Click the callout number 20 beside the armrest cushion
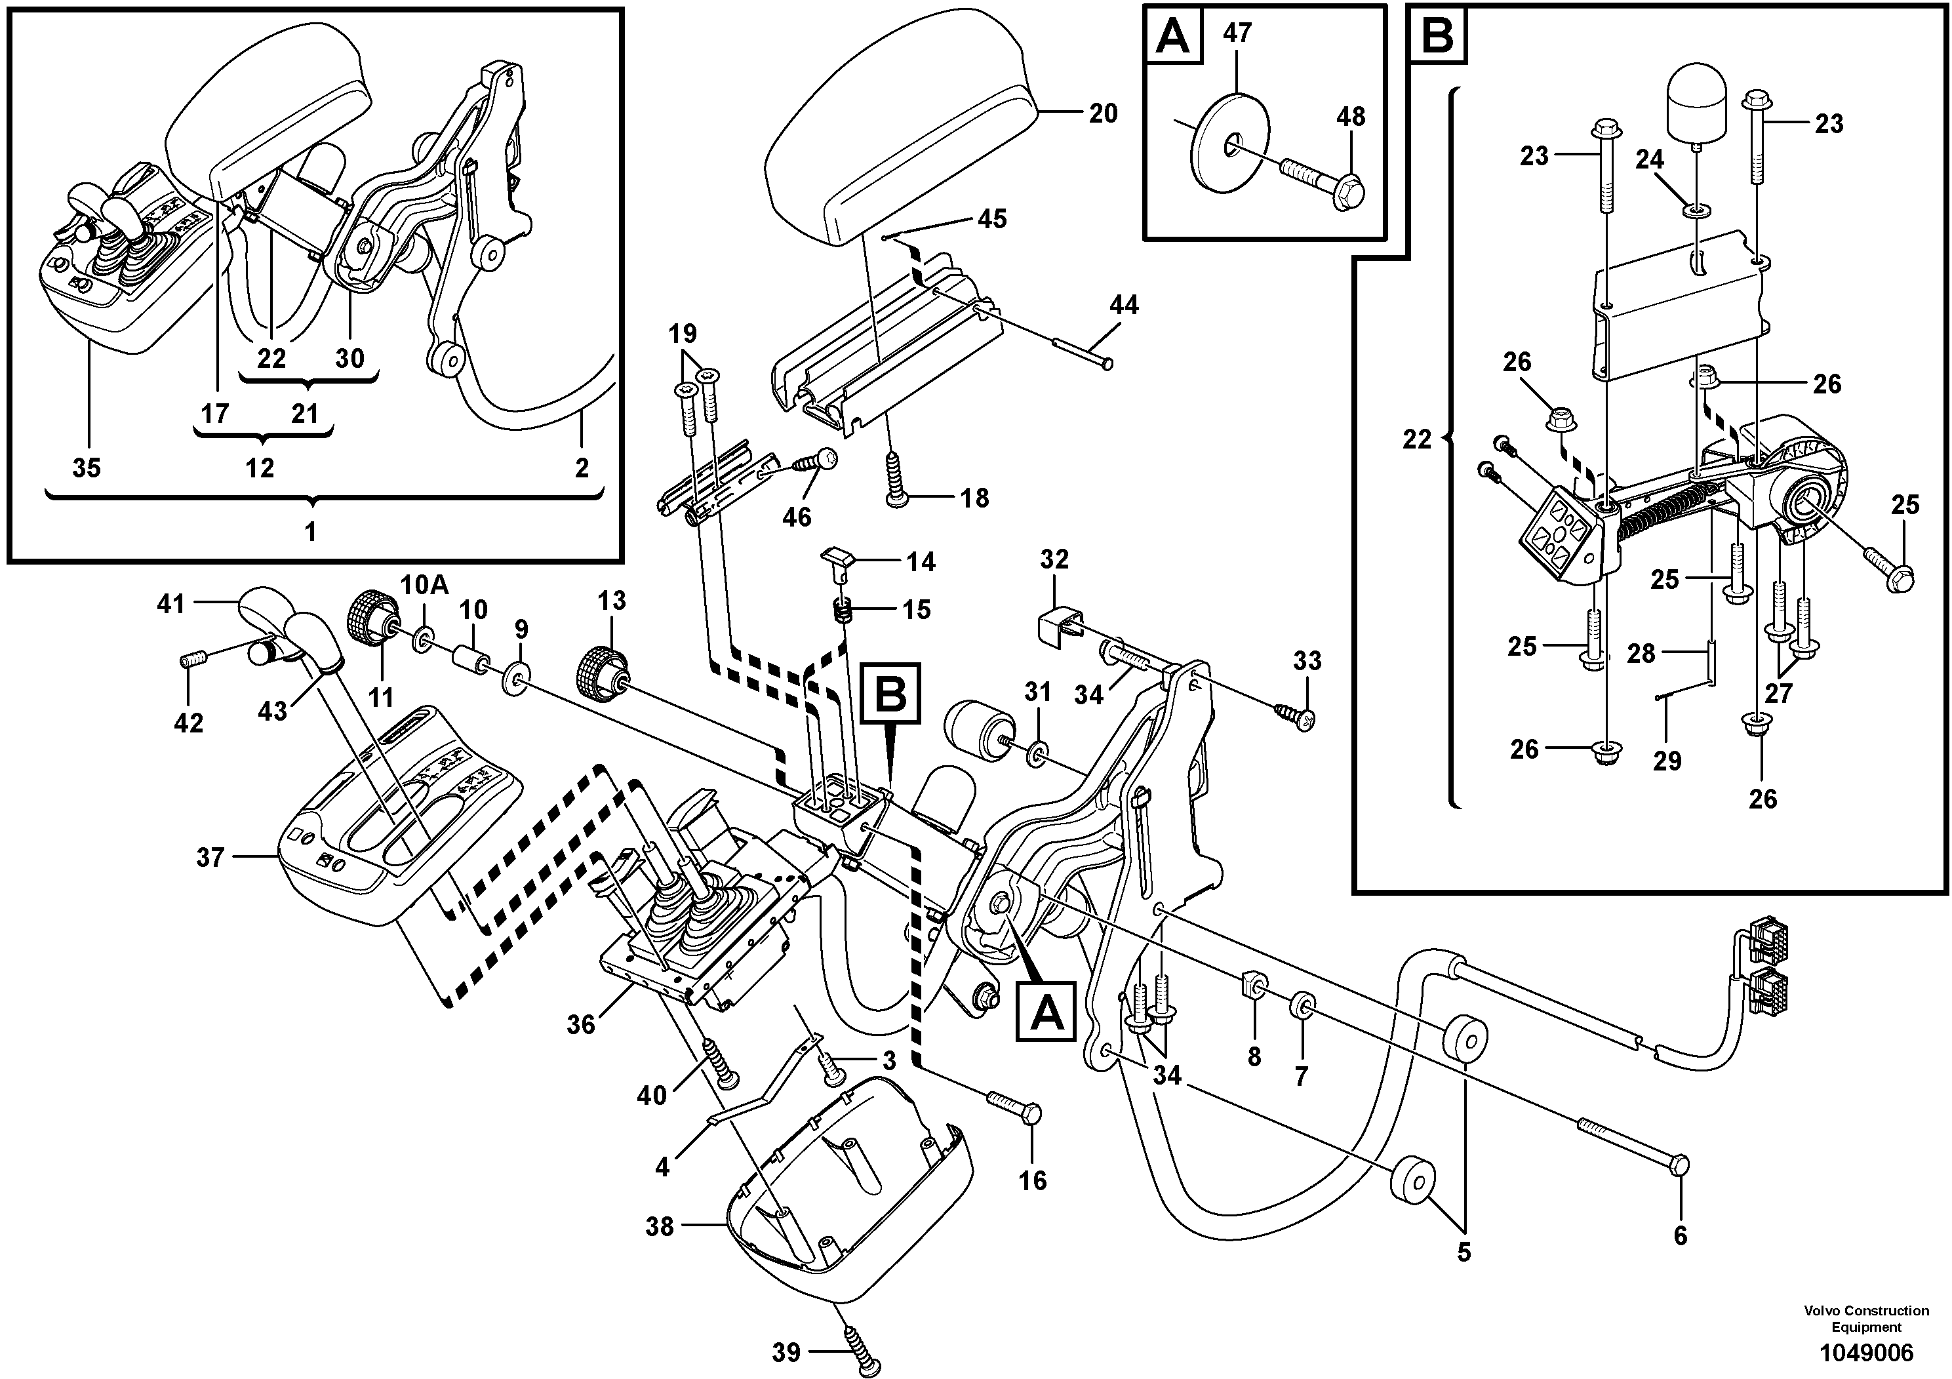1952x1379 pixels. pyautogui.click(x=1104, y=113)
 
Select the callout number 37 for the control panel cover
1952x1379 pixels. pyautogui.click(x=210, y=858)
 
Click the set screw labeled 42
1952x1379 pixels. pyautogui.click(x=189, y=660)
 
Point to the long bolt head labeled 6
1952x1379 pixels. pyautogui.click(x=1677, y=1165)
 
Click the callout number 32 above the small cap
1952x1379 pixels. pyautogui.click(x=1054, y=559)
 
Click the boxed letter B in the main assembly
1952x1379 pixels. pyautogui.click(x=891, y=693)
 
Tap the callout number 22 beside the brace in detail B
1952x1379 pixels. pyautogui.click(x=1417, y=439)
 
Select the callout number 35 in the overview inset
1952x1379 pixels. pyautogui.click(x=87, y=468)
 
